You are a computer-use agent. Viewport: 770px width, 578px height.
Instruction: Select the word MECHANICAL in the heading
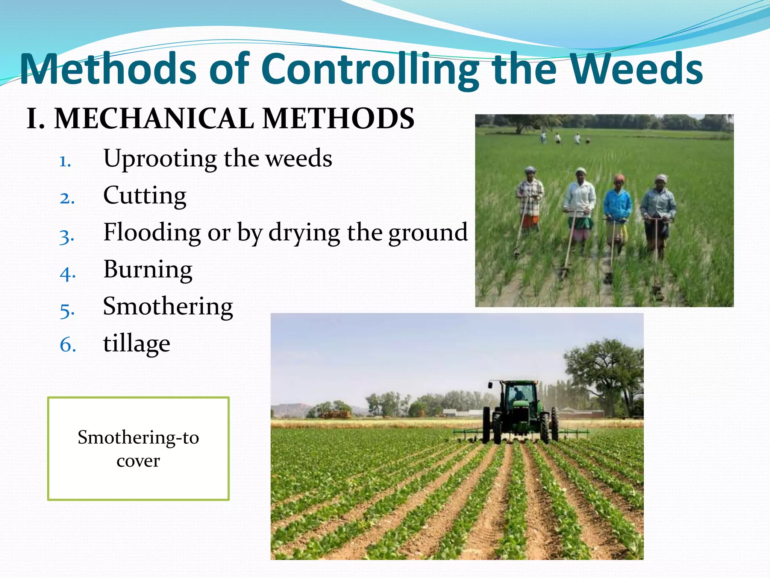155,119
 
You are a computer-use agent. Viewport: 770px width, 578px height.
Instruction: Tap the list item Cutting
145,196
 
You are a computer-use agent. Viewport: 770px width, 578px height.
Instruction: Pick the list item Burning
148,269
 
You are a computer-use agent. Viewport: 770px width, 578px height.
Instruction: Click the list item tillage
136,344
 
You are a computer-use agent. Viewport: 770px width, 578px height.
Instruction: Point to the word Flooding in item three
152,232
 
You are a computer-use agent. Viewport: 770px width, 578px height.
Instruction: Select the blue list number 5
67,311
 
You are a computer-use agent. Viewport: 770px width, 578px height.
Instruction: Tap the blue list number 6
68,345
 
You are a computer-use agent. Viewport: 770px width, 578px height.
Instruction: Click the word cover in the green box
138,461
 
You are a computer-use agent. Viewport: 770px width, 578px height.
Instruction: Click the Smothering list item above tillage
168,306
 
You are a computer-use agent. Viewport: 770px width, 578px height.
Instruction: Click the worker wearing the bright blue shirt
617,205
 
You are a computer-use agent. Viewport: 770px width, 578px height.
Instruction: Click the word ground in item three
428,232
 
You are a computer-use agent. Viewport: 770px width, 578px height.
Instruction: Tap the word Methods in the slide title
108,70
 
